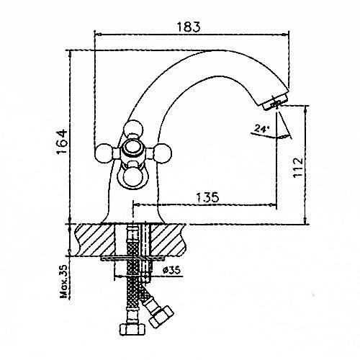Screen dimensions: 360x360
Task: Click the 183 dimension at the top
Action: pyautogui.click(x=189, y=27)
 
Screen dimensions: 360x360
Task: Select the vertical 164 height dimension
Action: pyautogui.click(x=62, y=142)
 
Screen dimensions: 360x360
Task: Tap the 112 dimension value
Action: pyautogui.click(x=298, y=167)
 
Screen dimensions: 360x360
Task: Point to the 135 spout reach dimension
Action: pyautogui.click(x=207, y=197)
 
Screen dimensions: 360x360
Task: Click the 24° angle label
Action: pyautogui.click(x=261, y=130)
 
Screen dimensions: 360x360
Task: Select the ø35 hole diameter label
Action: pyautogui.click(x=171, y=271)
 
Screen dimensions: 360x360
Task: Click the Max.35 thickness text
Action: pyautogui.click(x=63, y=281)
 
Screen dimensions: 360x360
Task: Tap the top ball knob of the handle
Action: pyautogui.click(x=133, y=130)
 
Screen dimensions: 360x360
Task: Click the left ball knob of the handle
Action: pyautogui.click(x=104, y=153)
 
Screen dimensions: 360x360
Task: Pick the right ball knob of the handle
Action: pyautogui.click(x=162, y=153)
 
